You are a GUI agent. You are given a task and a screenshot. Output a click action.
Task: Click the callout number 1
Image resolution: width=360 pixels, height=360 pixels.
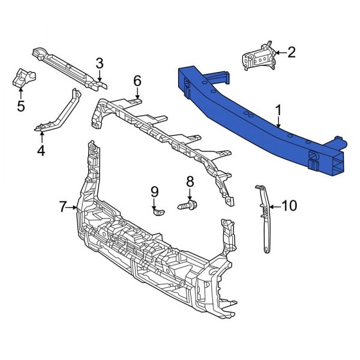click(278, 110)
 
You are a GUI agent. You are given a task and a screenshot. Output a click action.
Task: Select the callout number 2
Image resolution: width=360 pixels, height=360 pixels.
click(291, 53)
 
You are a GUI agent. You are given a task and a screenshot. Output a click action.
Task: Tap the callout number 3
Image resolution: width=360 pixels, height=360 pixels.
click(100, 63)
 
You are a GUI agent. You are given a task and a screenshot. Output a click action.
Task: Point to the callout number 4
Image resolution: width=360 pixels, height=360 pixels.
click(41, 150)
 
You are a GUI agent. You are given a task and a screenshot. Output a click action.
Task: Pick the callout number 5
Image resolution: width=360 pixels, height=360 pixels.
click(21, 107)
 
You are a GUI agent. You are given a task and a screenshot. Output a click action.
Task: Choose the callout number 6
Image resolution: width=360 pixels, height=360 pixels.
click(137, 80)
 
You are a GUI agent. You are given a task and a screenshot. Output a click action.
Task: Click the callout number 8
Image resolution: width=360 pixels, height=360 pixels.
click(190, 181)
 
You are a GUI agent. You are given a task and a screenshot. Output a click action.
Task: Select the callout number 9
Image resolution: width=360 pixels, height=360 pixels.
click(154, 192)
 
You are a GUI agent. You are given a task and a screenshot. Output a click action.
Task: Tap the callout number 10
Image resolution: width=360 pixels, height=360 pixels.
click(289, 206)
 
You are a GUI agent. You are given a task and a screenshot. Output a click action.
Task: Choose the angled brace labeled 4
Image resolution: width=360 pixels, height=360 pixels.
click(60, 114)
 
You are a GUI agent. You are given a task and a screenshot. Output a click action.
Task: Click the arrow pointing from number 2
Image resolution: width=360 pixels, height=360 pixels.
click(280, 53)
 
